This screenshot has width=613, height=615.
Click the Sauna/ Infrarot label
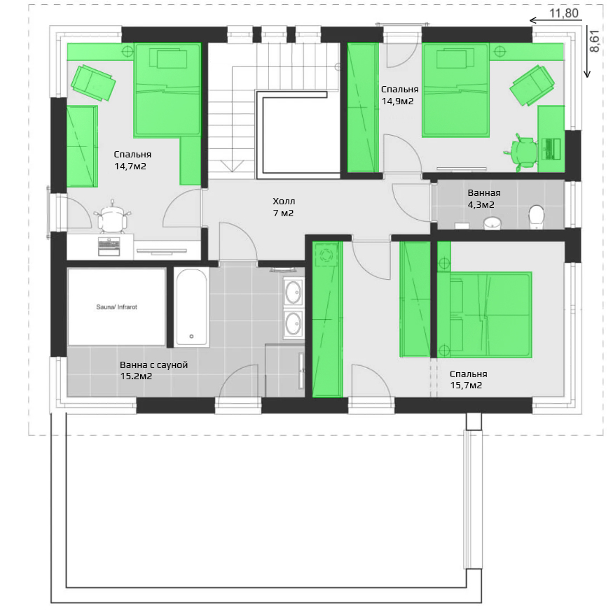tap(116, 307)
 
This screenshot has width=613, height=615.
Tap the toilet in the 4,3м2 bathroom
tap(536, 217)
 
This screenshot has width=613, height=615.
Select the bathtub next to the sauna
tap(191, 306)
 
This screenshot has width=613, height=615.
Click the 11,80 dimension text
tap(563, 13)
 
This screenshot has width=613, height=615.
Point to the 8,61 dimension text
tap(595, 41)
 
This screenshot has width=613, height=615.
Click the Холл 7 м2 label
tap(284, 207)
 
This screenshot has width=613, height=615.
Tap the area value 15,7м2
tap(466, 386)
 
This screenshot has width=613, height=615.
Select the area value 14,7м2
tap(130, 167)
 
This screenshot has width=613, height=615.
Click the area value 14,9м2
tap(397, 101)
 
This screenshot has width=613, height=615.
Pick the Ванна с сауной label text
tap(154, 365)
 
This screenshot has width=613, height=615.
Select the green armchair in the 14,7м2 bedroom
tap(93, 83)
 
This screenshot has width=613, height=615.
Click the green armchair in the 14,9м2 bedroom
tap(532, 85)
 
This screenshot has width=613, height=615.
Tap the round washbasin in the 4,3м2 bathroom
tap(492, 222)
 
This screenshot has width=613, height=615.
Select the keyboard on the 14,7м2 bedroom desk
tap(109, 246)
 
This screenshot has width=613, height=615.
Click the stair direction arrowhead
tap(232, 166)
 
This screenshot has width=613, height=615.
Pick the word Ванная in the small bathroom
tap(484, 193)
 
